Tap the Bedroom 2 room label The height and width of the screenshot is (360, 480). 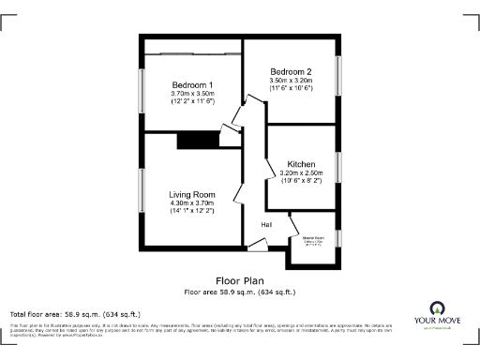[x=290, y=71]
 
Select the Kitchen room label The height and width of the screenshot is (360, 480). [x=301, y=163]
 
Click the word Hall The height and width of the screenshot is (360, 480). [x=266, y=225]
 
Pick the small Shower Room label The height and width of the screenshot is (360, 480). [x=312, y=239]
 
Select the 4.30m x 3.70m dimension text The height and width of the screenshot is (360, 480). [x=192, y=203]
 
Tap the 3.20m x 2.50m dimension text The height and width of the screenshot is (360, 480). [x=301, y=173]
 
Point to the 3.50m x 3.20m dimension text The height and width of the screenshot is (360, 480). [x=290, y=82]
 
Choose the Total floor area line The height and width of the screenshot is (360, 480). [x=75, y=314]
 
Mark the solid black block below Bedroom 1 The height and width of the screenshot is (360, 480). [x=196, y=140]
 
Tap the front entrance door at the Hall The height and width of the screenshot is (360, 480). [x=256, y=247]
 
